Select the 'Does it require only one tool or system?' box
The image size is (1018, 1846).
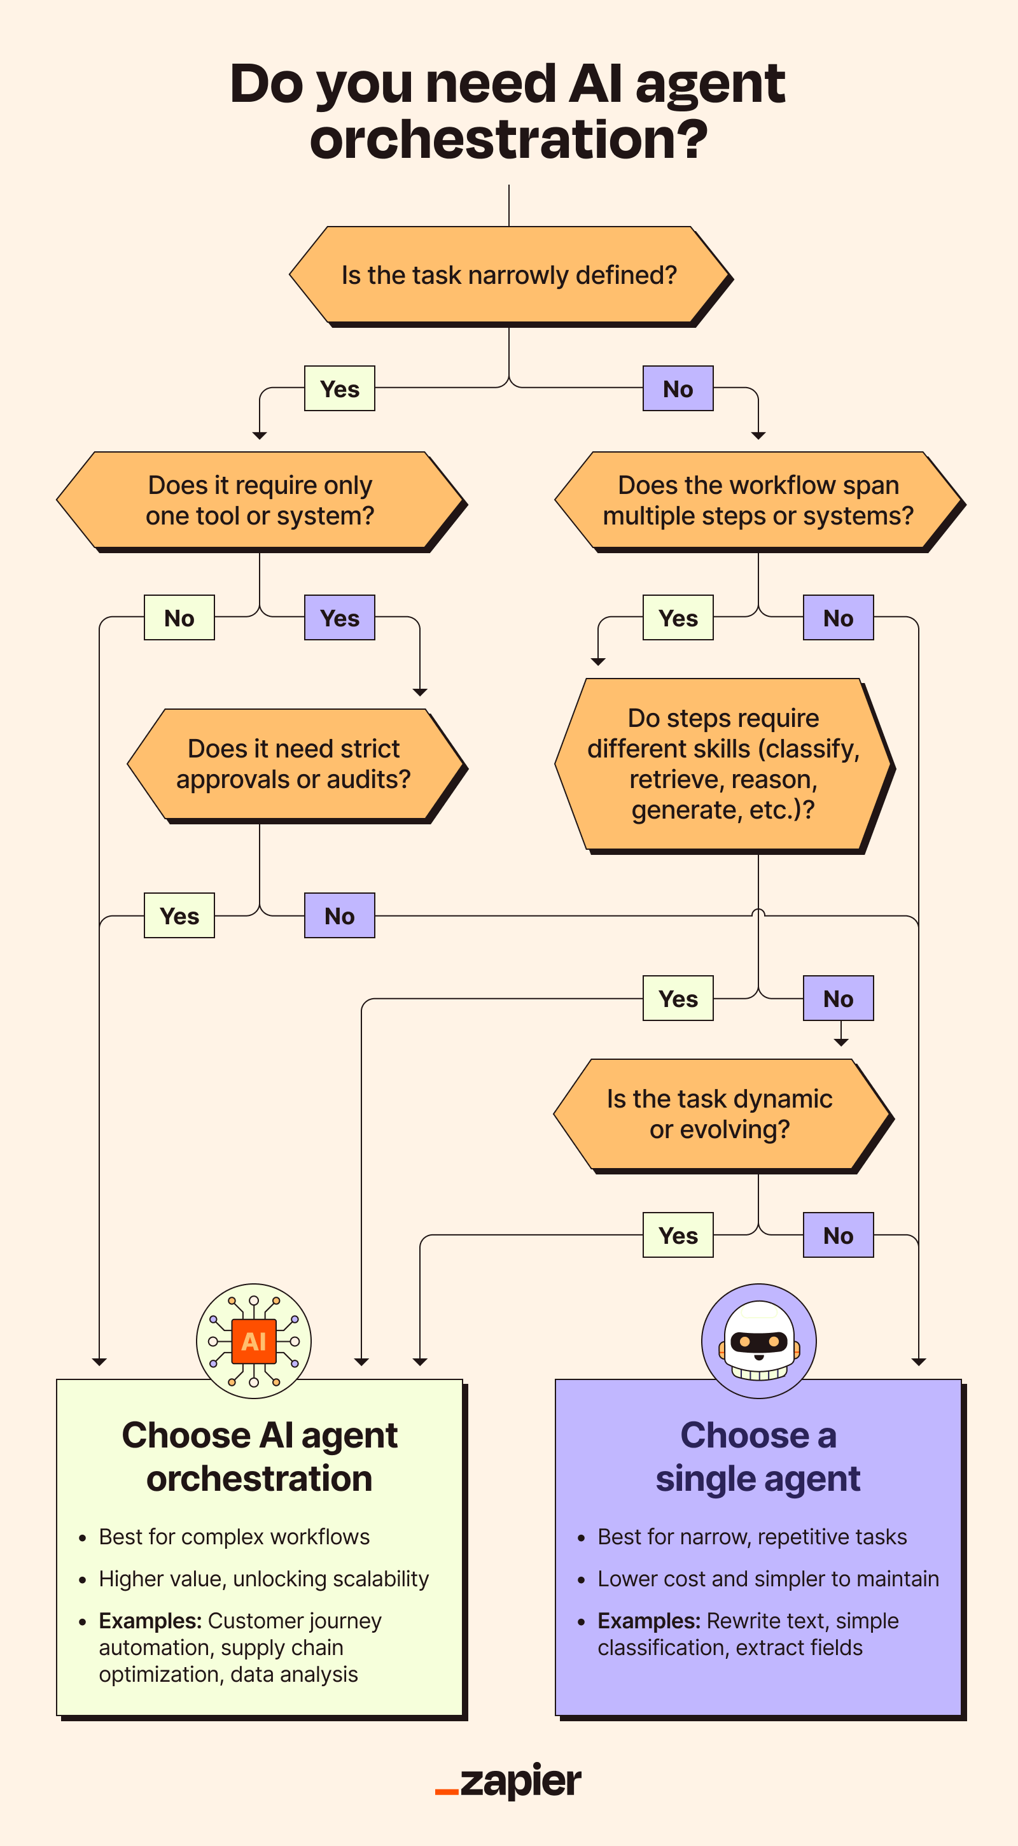(260, 500)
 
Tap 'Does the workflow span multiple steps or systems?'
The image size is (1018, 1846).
(758, 500)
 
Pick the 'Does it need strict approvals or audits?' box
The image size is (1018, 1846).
(294, 764)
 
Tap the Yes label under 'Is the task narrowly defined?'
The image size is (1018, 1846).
(340, 388)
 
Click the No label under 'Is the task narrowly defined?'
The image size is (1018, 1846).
(678, 388)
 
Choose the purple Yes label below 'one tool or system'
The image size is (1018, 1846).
(340, 617)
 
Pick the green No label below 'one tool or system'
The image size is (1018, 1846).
(179, 617)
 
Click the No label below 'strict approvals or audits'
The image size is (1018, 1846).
(340, 916)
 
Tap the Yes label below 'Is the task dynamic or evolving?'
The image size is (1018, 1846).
(678, 1236)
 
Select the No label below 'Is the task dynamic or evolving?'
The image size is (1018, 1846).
(838, 1236)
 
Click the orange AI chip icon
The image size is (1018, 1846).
(254, 1341)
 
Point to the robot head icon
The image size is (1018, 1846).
(758, 1341)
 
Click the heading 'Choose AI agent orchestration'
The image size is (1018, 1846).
(260, 1457)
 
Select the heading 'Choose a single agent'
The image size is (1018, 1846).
(758, 1457)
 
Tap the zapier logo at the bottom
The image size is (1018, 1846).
(508, 1782)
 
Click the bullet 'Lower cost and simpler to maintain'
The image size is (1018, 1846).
(768, 1579)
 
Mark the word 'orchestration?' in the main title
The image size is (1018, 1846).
(508, 139)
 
